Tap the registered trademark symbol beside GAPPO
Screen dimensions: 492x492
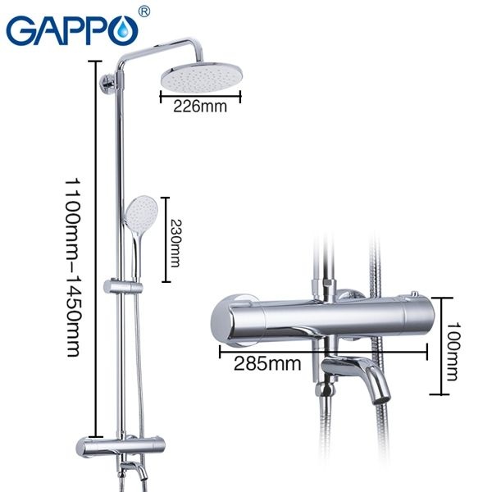144,11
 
